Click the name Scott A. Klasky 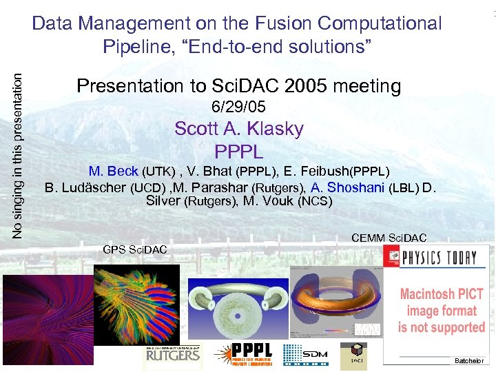[x=238, y=129]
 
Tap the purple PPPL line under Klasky [x=238, y=150]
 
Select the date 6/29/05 [x=238, y=107]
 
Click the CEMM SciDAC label [x=389, y=238]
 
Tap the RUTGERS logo [x=172, y=355]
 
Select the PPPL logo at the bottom [x=245, y=355]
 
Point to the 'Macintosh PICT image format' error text [x=442, y=310]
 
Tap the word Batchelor [x=469, y=361]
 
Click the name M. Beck [x=114, y=171]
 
